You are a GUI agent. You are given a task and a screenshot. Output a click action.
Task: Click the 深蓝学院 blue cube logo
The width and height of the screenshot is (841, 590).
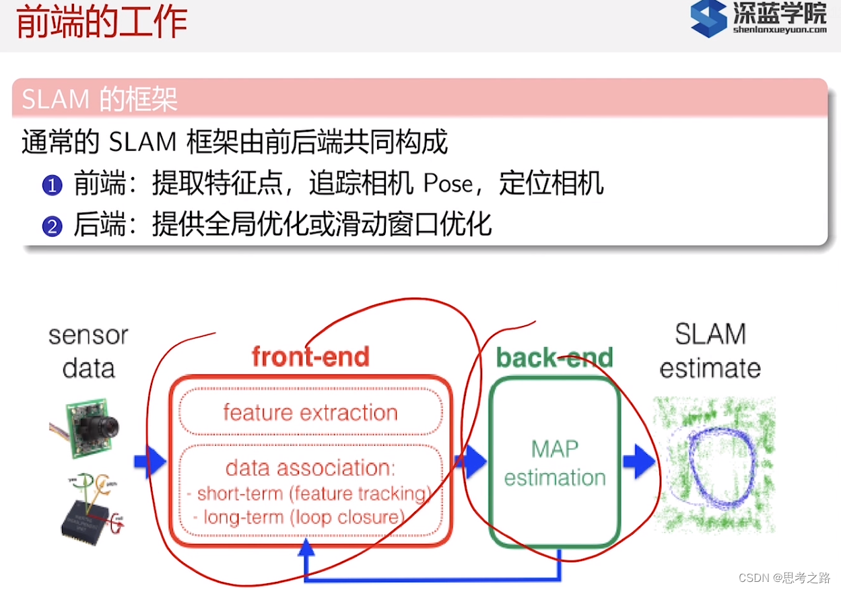click(708, 19)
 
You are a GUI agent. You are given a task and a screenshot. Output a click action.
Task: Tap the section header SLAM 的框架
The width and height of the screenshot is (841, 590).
click(100, 100)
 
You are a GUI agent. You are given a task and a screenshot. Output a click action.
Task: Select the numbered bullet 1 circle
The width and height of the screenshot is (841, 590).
click(52, 185)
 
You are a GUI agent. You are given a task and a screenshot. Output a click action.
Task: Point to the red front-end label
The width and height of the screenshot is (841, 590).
click(310, 356)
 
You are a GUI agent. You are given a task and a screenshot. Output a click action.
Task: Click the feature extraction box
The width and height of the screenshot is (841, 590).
click(310, 412)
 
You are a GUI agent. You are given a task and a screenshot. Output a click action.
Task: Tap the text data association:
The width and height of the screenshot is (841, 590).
click(310, 467)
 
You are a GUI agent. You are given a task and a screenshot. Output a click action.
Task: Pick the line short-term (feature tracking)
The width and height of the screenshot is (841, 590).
click(313, 494)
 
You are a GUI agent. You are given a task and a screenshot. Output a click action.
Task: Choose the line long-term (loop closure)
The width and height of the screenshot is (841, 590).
click(304, 517)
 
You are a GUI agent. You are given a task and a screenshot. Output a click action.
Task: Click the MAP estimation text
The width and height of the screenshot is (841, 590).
click(555, 463)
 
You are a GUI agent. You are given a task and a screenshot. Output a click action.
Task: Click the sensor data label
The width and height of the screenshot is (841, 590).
click(88, 352)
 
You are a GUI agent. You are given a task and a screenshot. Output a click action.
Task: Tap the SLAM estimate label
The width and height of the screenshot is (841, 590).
click(710, 351)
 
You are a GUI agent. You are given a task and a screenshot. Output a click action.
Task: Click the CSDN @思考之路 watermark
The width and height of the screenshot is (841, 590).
click(784, 578)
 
